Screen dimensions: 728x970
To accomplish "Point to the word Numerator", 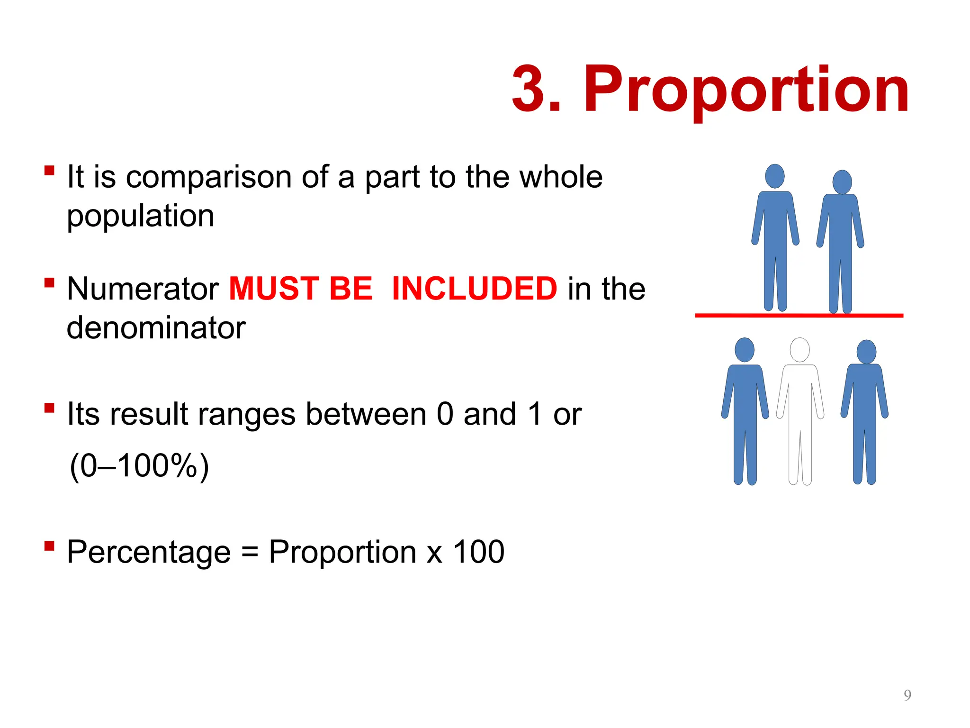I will (x=143, y=289).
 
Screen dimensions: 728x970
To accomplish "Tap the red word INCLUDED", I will (x=475, y=289).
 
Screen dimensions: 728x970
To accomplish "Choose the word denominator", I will (x=156, y=328).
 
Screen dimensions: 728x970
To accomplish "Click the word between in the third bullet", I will (x=366, y=414).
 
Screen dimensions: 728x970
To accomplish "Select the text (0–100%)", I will (x=139, y=466).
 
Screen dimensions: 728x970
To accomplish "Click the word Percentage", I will (x=149, y=552).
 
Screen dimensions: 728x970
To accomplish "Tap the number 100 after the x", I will (x=479, y=552).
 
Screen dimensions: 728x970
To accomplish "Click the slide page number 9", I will (x=907, y=695).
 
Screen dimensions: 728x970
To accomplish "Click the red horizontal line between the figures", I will (x=799, y=315).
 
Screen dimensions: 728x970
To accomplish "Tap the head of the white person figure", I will (x=800, y=350).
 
